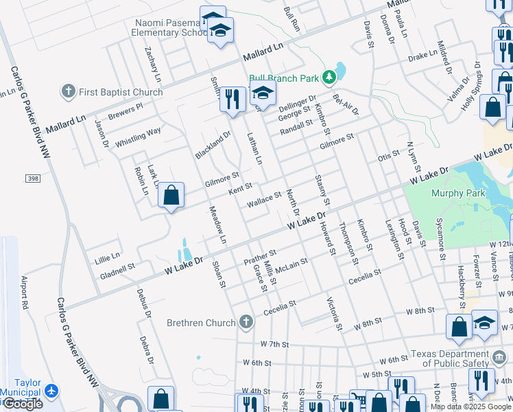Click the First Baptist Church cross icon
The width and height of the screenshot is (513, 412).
point(68,91)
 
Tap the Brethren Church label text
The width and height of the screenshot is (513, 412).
point(200,322)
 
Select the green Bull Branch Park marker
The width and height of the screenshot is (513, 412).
point(330,78)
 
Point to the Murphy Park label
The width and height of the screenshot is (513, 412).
point(458,193)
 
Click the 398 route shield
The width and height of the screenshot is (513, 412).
point(32,179)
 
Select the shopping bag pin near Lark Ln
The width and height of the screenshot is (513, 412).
point(171,195)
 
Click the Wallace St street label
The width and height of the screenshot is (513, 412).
point(264,199)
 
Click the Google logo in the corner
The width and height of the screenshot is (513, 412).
point(23,404)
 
